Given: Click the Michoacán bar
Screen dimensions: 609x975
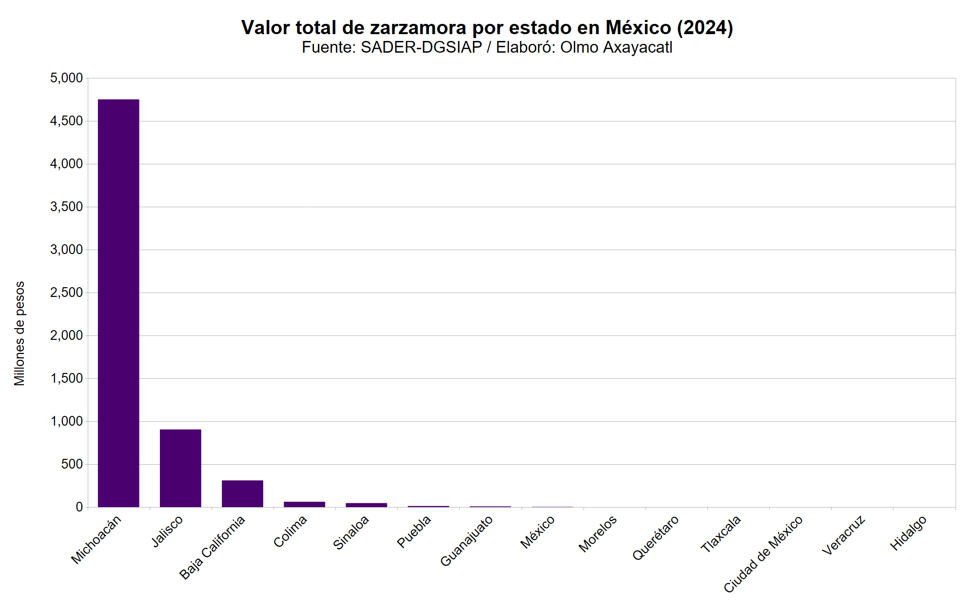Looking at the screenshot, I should (x=118, y=303).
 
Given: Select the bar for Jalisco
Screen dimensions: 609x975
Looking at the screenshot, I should (x=180, y=468).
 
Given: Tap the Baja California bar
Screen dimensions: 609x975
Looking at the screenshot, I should (x=242, y=493).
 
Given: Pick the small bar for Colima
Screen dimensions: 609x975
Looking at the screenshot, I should (x=304, y=504).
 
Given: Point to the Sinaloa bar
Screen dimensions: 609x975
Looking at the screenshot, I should (x=366, y=505).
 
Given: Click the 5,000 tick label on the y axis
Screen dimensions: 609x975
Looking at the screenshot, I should (x=66, y=78).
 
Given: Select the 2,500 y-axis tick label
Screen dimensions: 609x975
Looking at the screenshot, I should (x=66, y=293).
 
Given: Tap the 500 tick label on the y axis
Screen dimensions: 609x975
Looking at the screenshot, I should (x=72, y=464).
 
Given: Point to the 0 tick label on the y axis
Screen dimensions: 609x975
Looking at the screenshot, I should (x=79, y=507).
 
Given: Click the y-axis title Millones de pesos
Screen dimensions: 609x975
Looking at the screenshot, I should (x=19, y=334).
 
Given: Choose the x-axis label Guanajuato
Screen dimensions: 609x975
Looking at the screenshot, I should (x=467, y=541).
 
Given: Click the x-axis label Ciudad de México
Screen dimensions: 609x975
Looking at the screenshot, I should (x=763, y=554).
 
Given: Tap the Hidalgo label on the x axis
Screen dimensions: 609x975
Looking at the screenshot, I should (x=908, y=533).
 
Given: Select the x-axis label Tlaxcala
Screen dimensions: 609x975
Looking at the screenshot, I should (x=721, y=534).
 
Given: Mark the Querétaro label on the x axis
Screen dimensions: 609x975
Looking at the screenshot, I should (x=655, y=538).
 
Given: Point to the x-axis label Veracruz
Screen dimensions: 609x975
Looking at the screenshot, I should (x=843, y=535).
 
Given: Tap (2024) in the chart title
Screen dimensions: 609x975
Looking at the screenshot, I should (x=705, y=28).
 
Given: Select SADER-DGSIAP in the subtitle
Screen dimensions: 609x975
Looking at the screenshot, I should (x=421, y=47).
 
